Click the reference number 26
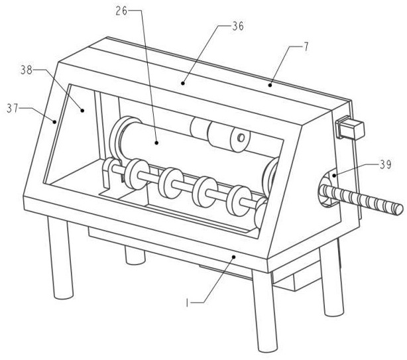pos(121,11)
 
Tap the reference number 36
pos(238,27)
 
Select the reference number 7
pos(306,47)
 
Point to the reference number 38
pos(27,70)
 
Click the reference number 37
pos(12,108)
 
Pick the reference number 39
pos(385,165)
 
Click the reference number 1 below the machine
pos(187,303)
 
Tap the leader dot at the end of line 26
pos(156,143)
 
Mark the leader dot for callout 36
pos(183,84)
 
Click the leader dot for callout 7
pos(270,85)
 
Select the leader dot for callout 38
pos(82,110)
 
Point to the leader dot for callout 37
pos(54,121)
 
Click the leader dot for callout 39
pos(334,176)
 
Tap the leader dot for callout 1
pos(233,257)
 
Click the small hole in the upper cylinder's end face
pos(241,137)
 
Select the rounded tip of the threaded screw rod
pos(399,209)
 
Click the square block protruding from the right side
pos(351,129)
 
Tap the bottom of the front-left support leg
pos(63,296)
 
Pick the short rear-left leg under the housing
pos(135,255)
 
